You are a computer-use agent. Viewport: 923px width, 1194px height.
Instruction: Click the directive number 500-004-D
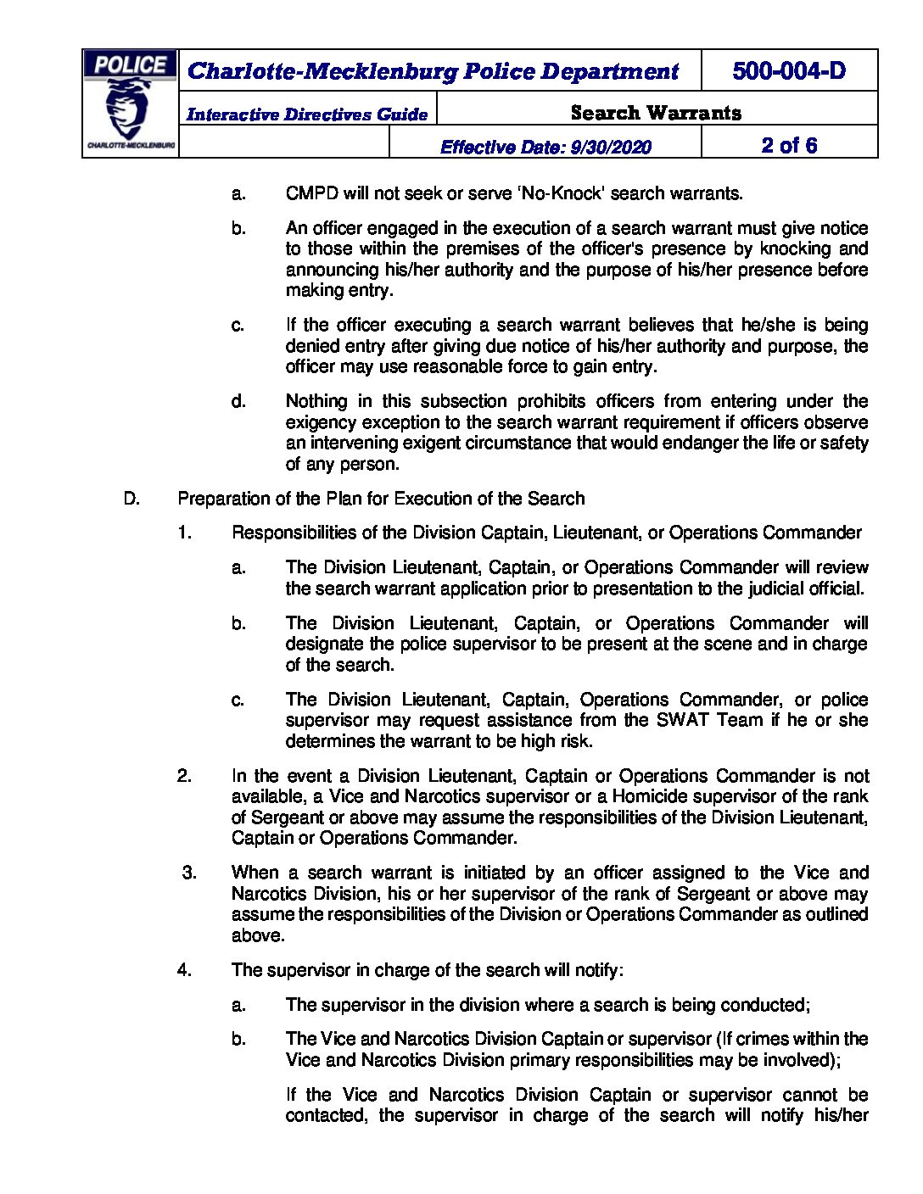click(788, 71)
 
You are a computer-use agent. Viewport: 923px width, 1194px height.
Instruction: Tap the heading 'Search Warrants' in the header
click(655, 113)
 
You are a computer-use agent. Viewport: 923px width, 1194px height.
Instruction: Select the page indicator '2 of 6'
click(788, 145)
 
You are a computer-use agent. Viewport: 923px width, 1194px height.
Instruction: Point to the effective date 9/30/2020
click(545, 147)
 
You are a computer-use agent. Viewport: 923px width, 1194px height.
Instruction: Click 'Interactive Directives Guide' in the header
click(306, 114)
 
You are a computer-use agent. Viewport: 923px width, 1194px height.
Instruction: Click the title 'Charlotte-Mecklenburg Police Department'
click(433, 71)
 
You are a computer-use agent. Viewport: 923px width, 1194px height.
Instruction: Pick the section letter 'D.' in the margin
click(131, 499)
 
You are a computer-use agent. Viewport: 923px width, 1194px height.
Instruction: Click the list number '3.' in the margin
click(189, 873)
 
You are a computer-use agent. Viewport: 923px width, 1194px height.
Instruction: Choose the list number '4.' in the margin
click(185, 970)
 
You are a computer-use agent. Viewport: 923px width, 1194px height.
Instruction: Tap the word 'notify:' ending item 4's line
click(597, 970)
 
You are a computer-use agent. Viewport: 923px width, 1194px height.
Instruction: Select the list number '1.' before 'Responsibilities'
click(185, 533)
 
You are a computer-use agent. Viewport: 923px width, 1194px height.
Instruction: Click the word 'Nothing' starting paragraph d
click(316, 401)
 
